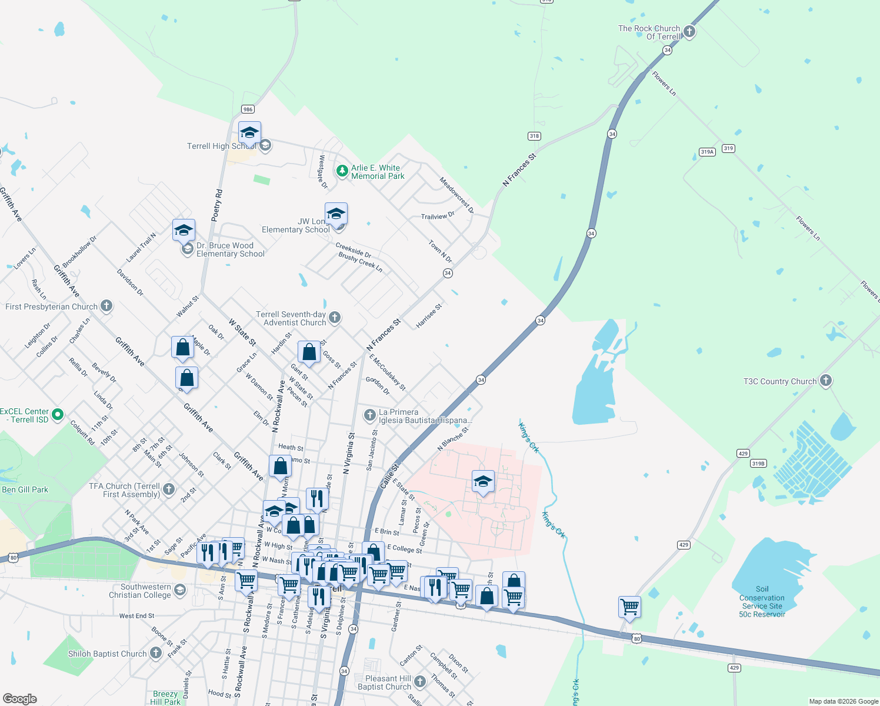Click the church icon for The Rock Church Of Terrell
click(689, 32)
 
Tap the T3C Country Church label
click(779, 381)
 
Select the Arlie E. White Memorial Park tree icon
click(342, 171)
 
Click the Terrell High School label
click(221, 146)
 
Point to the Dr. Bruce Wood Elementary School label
click(231, 250)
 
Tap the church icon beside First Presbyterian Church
click(106, 305)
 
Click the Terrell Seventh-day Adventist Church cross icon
click(334, 318)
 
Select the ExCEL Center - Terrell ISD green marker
click(58, 415)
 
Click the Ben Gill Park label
click(25, 489)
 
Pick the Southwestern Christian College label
click(140, 591)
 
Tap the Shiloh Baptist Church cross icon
click(155, 652)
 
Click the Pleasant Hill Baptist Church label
click(384, 682)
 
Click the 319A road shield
click(707, 152)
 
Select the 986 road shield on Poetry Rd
click(248, 109)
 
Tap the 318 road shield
click(534, 136)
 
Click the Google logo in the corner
click(20, 698)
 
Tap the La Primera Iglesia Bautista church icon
click(369, 416)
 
